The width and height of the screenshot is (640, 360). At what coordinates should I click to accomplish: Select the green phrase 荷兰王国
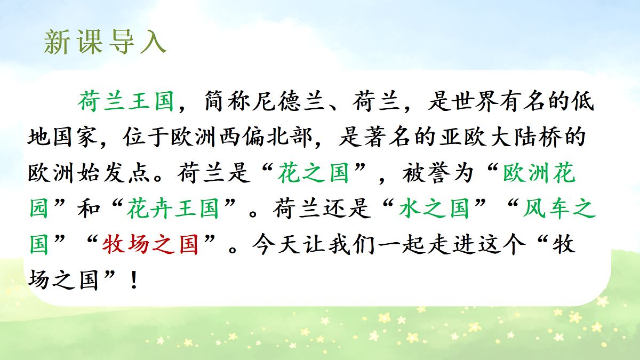click(x=126, y=101)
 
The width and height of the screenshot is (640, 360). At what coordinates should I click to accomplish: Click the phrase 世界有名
click(x=501, y=101)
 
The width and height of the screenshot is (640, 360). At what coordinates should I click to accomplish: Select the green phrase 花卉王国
click(x=173, y=210)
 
